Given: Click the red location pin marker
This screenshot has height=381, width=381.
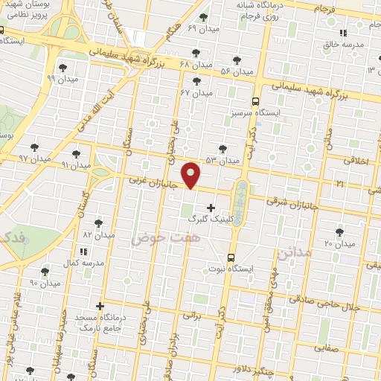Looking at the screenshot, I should [x=191, y=175].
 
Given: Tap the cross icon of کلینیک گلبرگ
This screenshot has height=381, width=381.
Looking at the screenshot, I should [x=211, y=207].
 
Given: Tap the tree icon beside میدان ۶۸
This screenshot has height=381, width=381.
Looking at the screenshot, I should [x=196, y=52].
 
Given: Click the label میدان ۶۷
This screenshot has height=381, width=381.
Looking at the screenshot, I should [x=196, y=92].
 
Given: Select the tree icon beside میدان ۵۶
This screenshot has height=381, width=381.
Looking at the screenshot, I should [x=237, y=60].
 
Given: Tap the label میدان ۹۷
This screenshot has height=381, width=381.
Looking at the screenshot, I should [x=33, y=159].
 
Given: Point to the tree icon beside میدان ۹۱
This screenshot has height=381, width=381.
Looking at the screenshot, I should [x=76, y=153].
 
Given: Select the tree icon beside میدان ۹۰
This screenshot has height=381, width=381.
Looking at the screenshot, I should [x=45, y=272].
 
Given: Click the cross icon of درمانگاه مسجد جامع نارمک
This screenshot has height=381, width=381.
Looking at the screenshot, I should [x=100, y=306].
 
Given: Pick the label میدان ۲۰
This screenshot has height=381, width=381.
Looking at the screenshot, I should [x=339, y=243].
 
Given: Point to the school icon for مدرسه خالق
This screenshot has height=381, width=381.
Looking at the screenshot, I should [x=343, y=33].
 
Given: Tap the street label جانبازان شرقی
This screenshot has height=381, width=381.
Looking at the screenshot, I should [x=286, y=202].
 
